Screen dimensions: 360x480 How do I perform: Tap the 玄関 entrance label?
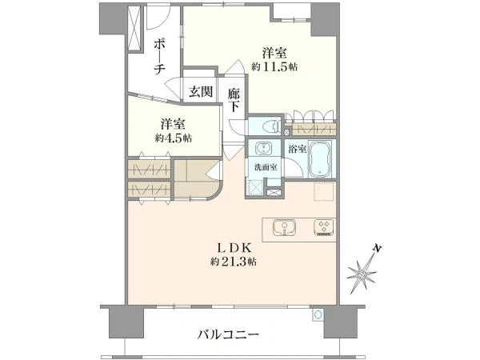tap(201, 91)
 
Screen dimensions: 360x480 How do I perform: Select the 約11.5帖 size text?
tap(274, 67)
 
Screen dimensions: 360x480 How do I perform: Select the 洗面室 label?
tap(266, 167)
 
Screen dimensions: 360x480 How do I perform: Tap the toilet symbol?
tap(270, 126)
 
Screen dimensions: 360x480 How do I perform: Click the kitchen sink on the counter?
tap(285, 227)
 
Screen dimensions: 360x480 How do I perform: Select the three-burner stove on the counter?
tap(326, 227)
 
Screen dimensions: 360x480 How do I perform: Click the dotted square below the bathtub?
tap(322, 191)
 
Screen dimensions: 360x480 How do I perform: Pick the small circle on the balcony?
tap(318, 315)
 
